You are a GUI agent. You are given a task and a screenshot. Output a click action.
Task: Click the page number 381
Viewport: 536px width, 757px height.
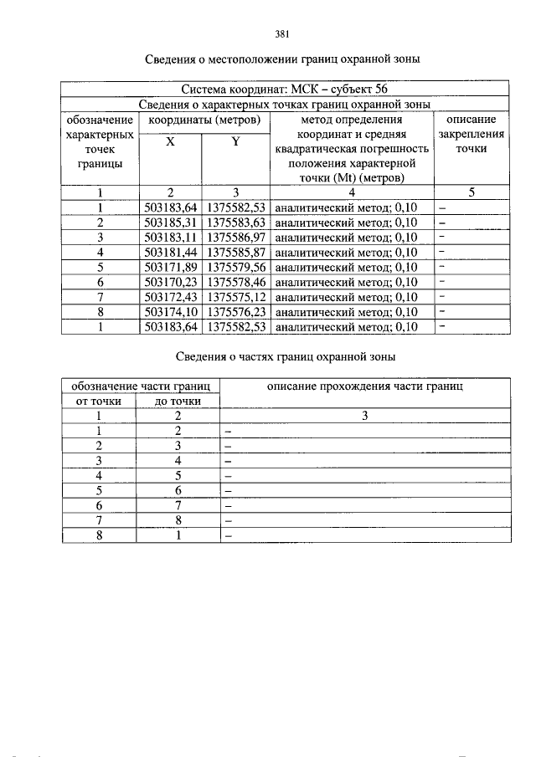pos(281,34)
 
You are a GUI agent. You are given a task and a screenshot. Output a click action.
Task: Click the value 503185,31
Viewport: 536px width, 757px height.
pos(170,222)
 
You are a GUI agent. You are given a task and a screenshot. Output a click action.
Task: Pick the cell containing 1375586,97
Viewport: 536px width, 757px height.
pos(235,238)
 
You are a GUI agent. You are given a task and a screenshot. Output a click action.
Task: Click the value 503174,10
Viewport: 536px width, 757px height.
pos(170,312)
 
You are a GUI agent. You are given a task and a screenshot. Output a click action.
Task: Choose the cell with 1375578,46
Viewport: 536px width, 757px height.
pos(235,282)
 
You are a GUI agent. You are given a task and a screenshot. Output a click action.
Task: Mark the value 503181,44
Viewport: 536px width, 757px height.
pos(170,252)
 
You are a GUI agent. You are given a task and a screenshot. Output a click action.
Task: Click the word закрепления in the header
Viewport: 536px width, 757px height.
pos(472,134)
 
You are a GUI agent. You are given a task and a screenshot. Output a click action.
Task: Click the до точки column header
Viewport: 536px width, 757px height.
pos(178,401)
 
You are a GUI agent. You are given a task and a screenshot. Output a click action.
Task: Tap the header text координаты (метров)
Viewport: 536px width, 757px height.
pos(204,120)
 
